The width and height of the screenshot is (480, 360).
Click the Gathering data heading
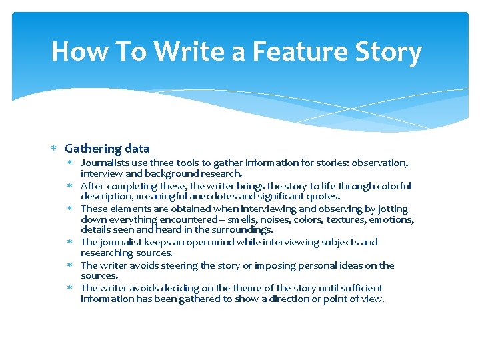pyautogui.click(x=107, y=149)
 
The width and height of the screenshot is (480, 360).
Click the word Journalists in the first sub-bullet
pyautogui.click(x=103, y=163)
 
